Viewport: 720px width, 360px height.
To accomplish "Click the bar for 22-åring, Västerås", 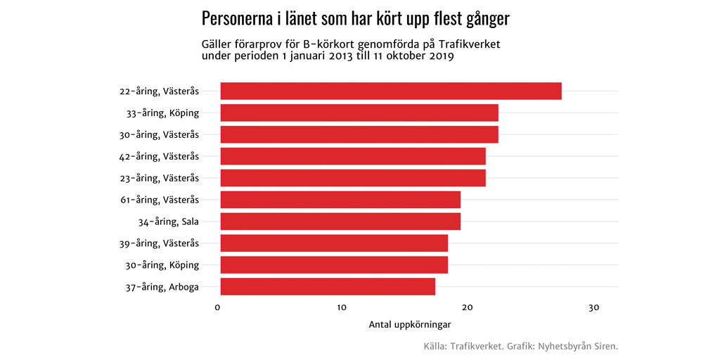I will [x=391, y=91].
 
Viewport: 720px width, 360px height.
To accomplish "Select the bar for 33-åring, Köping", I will [x=359, y=112].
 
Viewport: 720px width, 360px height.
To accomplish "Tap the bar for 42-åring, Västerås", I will [x=353, y=156].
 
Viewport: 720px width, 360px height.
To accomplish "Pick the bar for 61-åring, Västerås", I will [x=340, y=200].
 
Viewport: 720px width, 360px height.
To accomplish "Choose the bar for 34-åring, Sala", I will [x=340, y=221].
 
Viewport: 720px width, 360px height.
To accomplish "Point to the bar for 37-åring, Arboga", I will [x=328, y=287].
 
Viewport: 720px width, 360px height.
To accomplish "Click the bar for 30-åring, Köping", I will [x=334, y=265].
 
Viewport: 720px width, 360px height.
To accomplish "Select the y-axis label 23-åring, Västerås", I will [x=159, y=178].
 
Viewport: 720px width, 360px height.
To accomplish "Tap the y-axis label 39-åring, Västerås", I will [x=159, y=243].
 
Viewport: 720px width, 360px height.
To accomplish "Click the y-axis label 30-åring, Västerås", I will [x=159, y=134].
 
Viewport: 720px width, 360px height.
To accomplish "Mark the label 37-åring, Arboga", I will [x=162, y=287].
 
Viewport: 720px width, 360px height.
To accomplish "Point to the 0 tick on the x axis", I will [x=218, y=307].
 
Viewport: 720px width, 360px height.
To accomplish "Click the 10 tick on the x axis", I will [x=342, y=307].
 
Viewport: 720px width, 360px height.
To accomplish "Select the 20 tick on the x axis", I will [x=468, y=307].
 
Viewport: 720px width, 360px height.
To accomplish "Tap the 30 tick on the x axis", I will [x=593, y=307].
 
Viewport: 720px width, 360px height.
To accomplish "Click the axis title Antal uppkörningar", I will [x=409, y=325].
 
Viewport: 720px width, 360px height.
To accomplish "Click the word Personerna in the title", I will [x=237, y=19].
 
